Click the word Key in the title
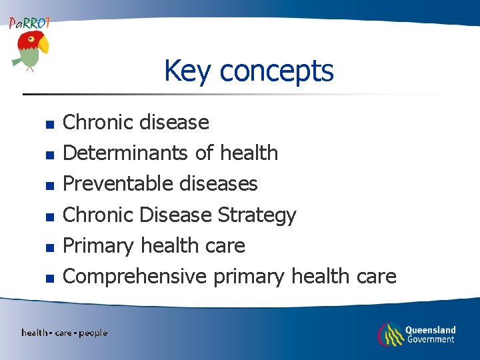click(187, 71)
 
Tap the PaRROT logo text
click(29, 23)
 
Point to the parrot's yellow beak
click(44, 45)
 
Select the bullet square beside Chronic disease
click(48, 124)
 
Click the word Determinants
click(126, 153)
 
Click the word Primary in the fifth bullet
click(98, 245)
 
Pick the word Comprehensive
click(134, 276)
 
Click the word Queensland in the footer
click(431, 329)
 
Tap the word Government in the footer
click(430, 339)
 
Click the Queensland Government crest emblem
click(391, 334)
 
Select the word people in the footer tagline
click(93, 333)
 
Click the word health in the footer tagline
click(35, 333)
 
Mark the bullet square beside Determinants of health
click(48, 155)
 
